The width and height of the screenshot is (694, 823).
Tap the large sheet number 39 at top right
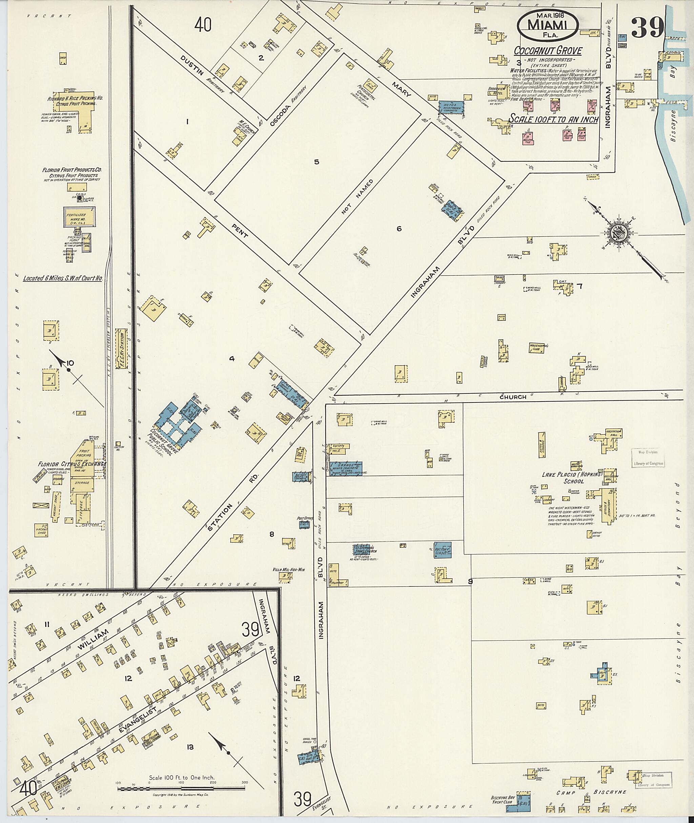[x=647, y=27]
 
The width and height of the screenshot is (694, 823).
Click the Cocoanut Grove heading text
[x=548, y=51]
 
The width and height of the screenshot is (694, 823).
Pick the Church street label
[x=513, y=397]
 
